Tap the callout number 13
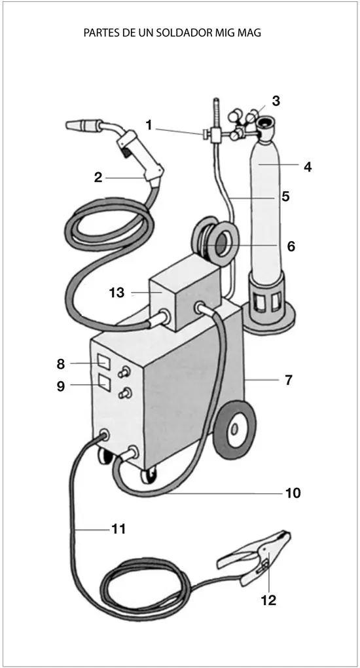click(116, 293)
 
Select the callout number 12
click(268, 600)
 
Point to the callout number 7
click(289, 380)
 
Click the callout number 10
click(293, 493)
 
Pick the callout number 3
click(276, 101)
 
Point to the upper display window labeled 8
click(103, 362)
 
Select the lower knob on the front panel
click(125, 393)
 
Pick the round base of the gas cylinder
click(269, 320)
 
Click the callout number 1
click(149, 125)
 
